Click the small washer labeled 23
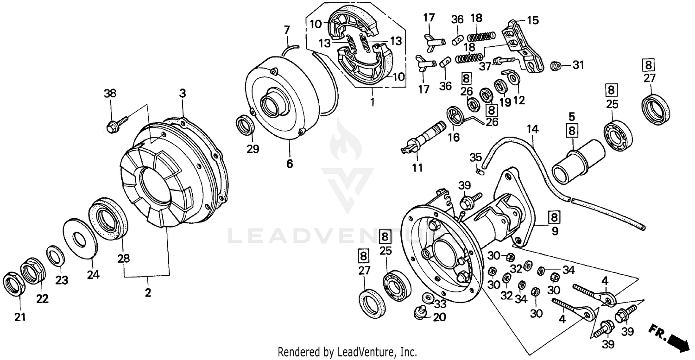(55, 256)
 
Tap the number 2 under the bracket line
(148, 292)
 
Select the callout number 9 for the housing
(555, 230)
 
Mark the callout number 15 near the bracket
(533, 21)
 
